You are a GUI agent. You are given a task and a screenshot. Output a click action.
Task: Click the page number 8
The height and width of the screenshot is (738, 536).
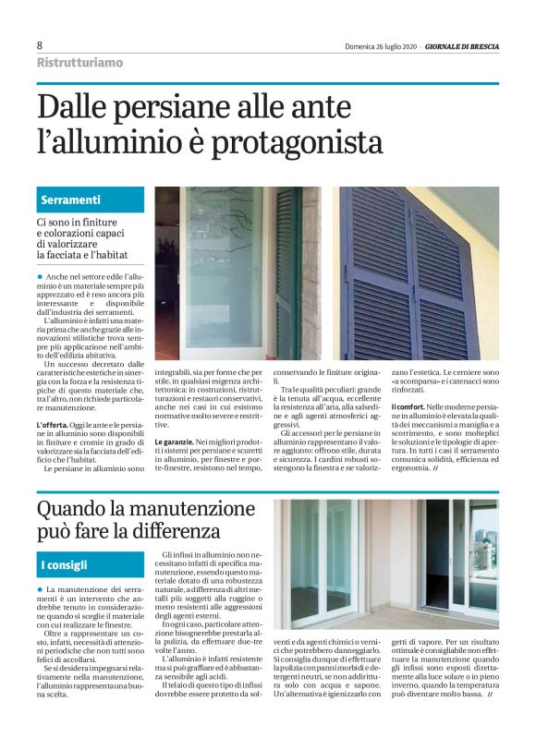point(40,44)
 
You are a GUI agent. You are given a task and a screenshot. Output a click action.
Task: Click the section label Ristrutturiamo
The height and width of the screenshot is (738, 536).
point(79,62)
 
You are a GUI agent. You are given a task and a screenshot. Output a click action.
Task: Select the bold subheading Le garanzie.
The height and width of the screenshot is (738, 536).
point(173,443)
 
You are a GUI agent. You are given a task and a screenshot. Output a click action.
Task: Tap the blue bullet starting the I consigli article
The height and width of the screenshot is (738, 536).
point(40,589)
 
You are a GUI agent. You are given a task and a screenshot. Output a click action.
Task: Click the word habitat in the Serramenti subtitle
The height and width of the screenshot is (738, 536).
point(110,254)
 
